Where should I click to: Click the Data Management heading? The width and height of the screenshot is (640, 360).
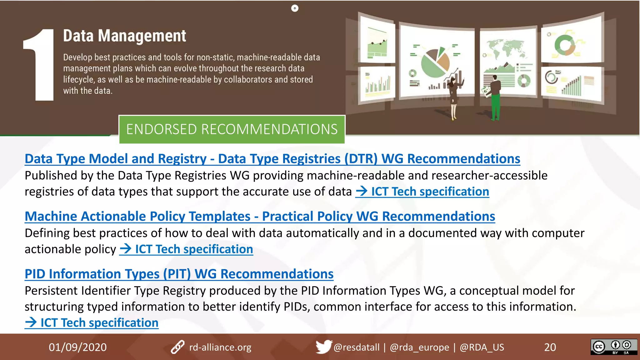click(124, 36)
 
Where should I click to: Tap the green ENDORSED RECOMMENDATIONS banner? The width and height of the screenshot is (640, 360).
click(232, 129)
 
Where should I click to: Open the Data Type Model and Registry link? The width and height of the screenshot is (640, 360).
click(272, 159)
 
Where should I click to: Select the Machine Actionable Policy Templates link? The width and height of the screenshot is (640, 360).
click(259, 216)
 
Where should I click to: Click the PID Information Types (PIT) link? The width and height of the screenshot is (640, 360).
click(179, 274)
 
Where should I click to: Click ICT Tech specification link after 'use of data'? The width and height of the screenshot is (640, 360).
click(422, 192)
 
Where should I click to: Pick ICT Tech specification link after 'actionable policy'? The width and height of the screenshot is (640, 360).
click(186, 249)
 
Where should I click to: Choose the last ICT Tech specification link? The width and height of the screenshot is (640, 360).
click(92, 322)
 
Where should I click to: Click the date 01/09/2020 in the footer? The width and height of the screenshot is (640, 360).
click(77, 347)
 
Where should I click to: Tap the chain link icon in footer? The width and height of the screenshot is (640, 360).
click(178, 347)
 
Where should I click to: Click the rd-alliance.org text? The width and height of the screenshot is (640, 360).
click(220, 347)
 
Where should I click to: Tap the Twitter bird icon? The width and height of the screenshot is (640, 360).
click(323, 347)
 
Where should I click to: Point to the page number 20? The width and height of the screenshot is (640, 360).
click(550, 347)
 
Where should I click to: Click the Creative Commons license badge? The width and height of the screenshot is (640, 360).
click(613, 347)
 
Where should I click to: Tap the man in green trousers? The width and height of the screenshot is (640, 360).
click(495, 98)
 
